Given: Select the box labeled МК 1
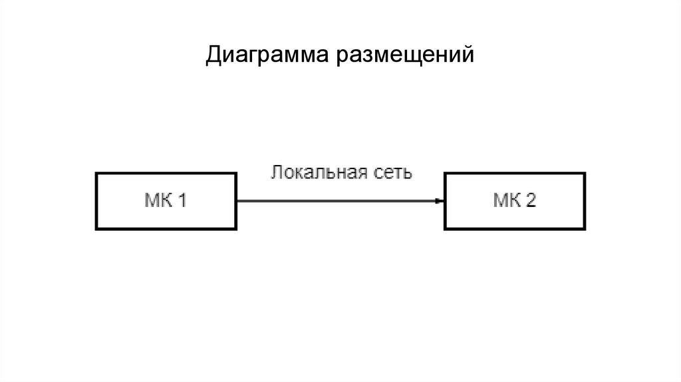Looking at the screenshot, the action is (x=167, y=200).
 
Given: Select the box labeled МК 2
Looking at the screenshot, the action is (x=515, y=200).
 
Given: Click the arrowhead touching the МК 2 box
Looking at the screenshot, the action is (x=440, y=200).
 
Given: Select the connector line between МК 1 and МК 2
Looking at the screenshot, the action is (x=339, y=200).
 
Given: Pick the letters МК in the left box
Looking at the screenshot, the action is (x=158, y=200).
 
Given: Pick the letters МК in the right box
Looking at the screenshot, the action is (x=507, y=200).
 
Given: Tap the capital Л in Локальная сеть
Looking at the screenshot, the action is (x=275, y=173).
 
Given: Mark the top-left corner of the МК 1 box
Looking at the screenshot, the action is (x=97, y=174).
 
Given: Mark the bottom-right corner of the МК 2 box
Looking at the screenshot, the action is (x=585, y=228).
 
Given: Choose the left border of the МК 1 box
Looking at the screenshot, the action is (x=97, y=200).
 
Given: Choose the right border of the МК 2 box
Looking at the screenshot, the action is (x=585, y=200).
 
